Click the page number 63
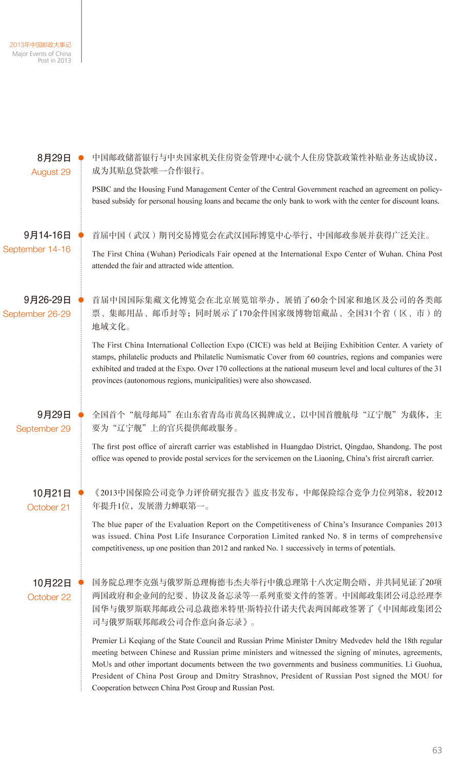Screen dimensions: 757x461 click(x=437, y=750)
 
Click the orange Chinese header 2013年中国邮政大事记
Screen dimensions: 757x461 click(x=40, y=45)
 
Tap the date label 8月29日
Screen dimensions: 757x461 click(x=54, y=158)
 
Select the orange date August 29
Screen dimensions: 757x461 click(x=51, y=172)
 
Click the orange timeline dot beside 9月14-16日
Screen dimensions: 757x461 click(x=81, y=235)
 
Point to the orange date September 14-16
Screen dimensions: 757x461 click(x=37, y=250)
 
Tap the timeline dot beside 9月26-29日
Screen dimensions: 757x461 click(x=81, y=300)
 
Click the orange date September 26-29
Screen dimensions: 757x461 click(x=37, y=314)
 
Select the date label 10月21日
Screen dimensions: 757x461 click(x=51, y=493)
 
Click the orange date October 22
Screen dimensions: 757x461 click(x=49, y=597)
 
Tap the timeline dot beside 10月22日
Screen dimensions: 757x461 click(x=81, y=583)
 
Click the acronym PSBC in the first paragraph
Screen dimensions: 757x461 click(x=101, y=189)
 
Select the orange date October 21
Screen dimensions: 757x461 click(x=49, y=508)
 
